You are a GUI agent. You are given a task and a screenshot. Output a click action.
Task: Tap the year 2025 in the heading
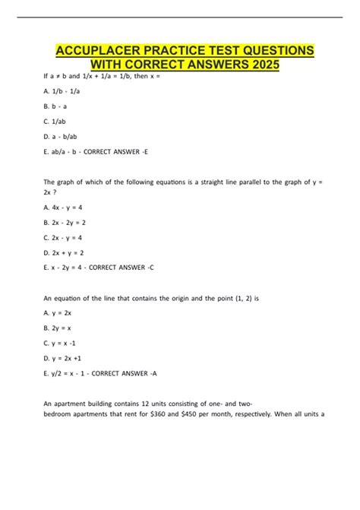pos(261,65)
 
